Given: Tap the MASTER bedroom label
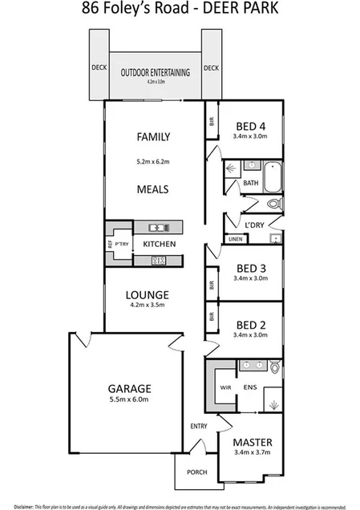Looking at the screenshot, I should (252, 442).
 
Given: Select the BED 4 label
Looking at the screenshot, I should (252, 125).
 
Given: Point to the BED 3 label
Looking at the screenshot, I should (252, 269).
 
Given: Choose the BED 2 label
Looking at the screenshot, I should (252, 325).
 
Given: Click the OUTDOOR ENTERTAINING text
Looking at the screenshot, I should (156, 72).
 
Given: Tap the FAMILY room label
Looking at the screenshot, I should (152, 136).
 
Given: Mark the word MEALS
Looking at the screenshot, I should (152, 190).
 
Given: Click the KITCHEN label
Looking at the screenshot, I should (159, 243).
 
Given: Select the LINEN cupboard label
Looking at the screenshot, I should (235, 239).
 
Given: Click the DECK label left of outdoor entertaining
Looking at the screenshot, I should (98, 68).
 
